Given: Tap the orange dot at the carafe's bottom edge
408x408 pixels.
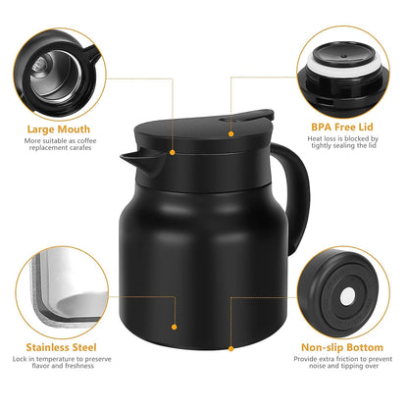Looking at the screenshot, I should tap(232, 346).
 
